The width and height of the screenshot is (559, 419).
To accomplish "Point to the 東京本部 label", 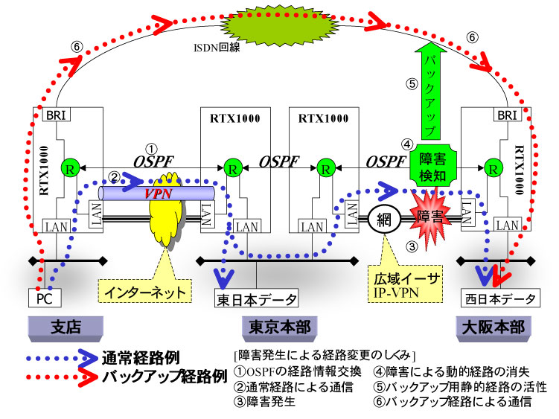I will tap(278, 327).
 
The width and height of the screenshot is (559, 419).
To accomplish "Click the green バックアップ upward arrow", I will tap(429, 88).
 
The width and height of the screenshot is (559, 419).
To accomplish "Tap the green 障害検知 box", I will tap(432, 165).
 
